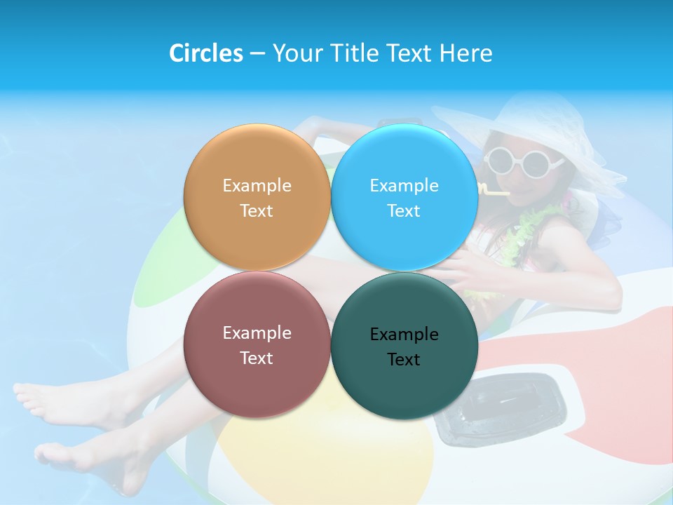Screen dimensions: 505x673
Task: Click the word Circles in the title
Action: point(205,53)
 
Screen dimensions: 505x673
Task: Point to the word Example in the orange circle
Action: point(257,185)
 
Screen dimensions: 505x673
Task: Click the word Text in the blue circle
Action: point(404,210)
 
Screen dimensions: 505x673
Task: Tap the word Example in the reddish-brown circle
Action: point(257,332)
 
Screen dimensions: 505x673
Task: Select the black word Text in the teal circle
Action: point(404,359)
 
